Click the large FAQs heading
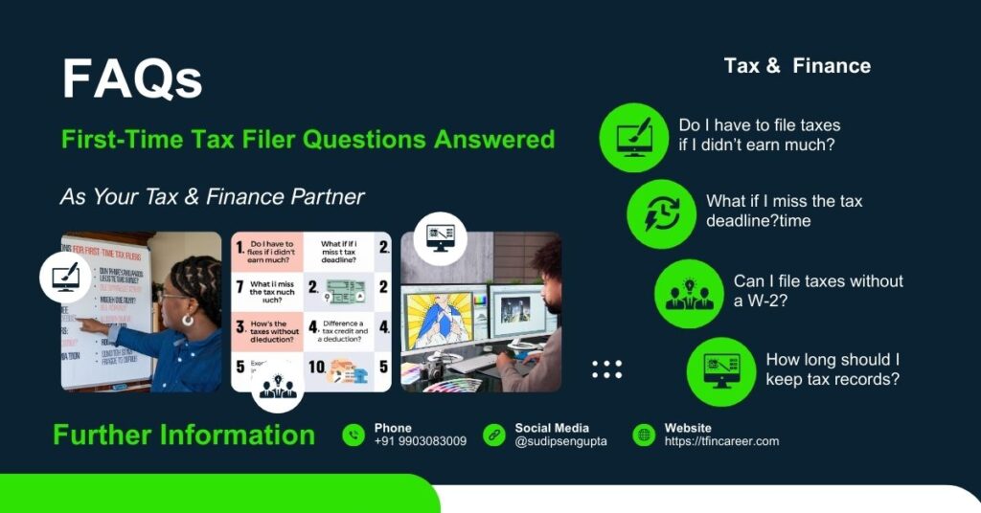[132, 78]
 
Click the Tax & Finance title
[797, 66]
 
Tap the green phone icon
[354, 435]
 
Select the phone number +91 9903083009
[420, 441]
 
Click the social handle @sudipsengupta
[560, 441]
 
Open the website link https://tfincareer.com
[721, 441]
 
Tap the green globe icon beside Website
[644, 435]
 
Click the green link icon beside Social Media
[494, 435]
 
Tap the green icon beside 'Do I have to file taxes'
[633, 137]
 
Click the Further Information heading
[184, 435]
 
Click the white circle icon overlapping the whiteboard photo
[65, 278]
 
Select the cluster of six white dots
[606, 369]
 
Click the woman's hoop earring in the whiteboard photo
[187, 320]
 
